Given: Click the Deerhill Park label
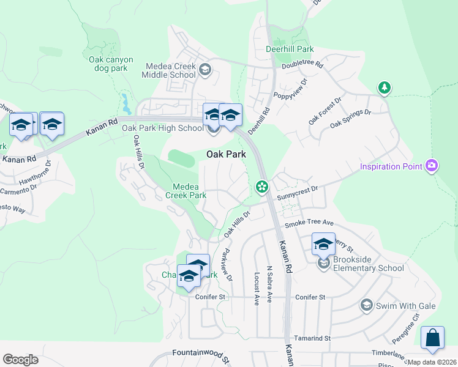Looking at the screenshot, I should click(290, 49).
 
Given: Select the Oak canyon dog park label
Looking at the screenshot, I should click(108, 64).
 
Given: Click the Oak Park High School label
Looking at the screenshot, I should click(162, 128).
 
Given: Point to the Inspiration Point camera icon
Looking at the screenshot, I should click(432, 166).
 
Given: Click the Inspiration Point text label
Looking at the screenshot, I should click(392, 166).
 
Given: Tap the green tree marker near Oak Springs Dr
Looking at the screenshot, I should click(384, 88).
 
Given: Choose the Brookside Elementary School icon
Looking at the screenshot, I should click(323, 264).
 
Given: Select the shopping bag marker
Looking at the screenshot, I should click(432, 338).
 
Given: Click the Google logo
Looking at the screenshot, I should click(20, 360).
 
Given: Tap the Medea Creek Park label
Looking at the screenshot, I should click(185, 191).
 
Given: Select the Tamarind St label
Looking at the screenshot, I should click(310, 338).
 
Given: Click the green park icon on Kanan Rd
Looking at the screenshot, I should click(262, 187).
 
